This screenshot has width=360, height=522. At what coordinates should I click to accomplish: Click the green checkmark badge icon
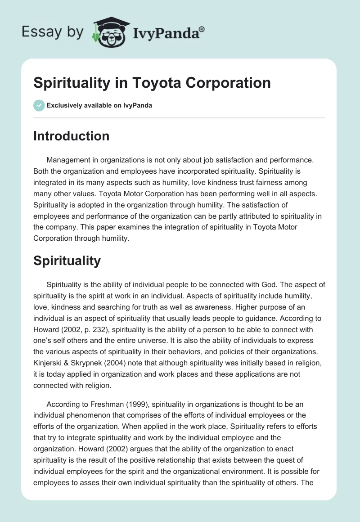tap(39, 105)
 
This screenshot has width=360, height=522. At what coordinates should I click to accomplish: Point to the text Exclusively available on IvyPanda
tap(99, 105)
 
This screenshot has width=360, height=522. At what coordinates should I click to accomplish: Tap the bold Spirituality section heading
tap(67, 261)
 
